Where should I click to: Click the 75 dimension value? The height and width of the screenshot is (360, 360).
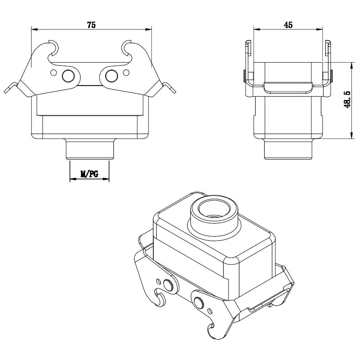click(91, 25)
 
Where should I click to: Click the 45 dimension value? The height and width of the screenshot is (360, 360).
click(288, 25)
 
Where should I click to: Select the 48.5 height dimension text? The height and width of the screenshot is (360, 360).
click(347, 99)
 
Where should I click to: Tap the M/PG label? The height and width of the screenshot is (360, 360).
click(89, 174)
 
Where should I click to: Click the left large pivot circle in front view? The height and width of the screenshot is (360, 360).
click(68, 76)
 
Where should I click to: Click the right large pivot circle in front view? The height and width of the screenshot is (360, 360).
click(112, 76)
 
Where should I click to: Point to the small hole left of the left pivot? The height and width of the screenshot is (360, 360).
click(54, 73)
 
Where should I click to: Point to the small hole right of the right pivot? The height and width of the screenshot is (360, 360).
click(126, 73)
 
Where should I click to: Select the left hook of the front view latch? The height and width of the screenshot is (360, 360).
click(53, 49)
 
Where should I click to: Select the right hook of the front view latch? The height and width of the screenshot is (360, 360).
click(126, 49)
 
